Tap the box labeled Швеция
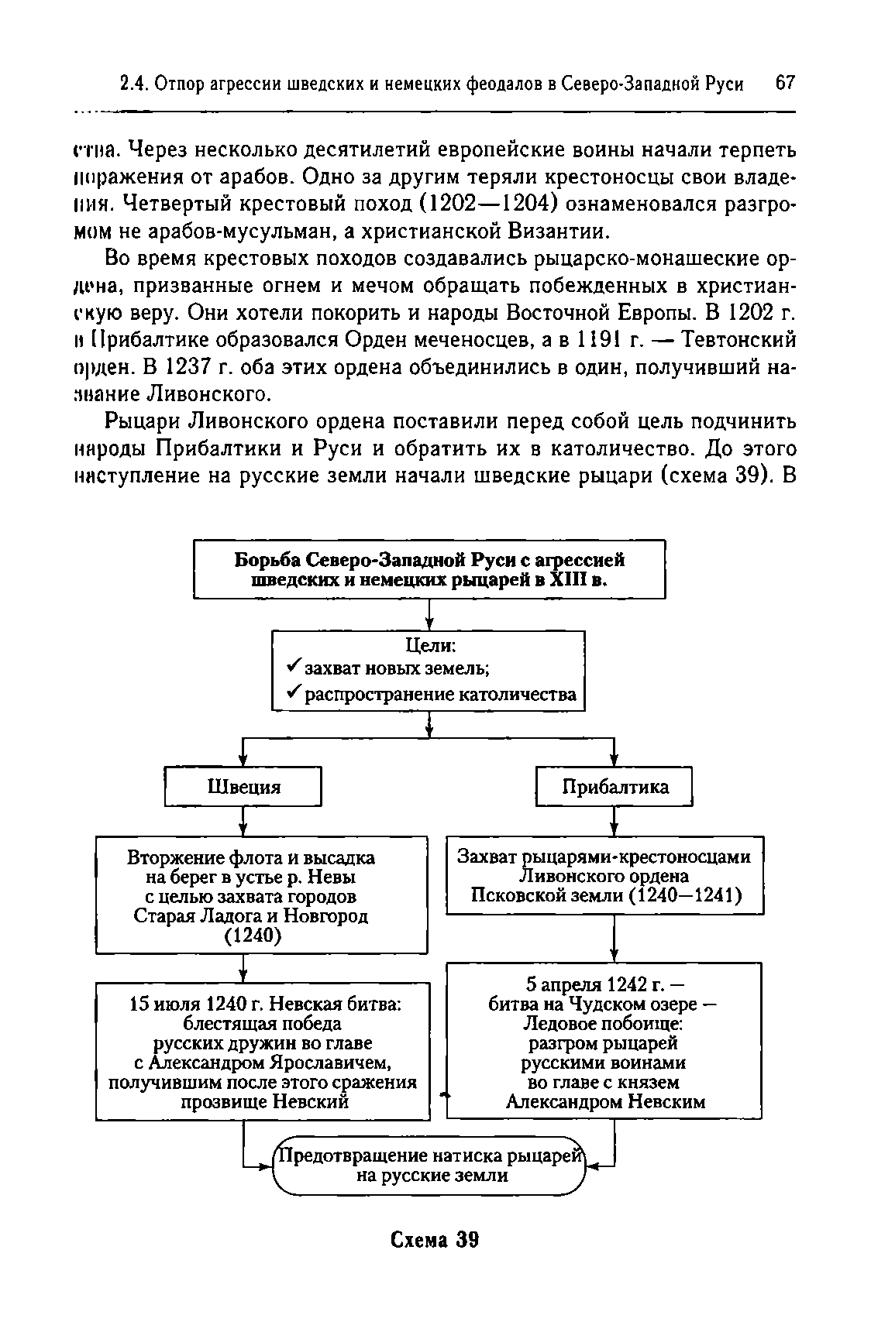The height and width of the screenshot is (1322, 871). pyautogui.click(x=243, y=787)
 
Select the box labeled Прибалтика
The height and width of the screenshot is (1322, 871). pyautogui.click(x=615, y=787)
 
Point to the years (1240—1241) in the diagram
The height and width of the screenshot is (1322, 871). pyautogui.click(x=684, y=896)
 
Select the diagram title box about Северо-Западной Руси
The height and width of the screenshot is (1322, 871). pyautogui.click(x=429, y=569)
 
